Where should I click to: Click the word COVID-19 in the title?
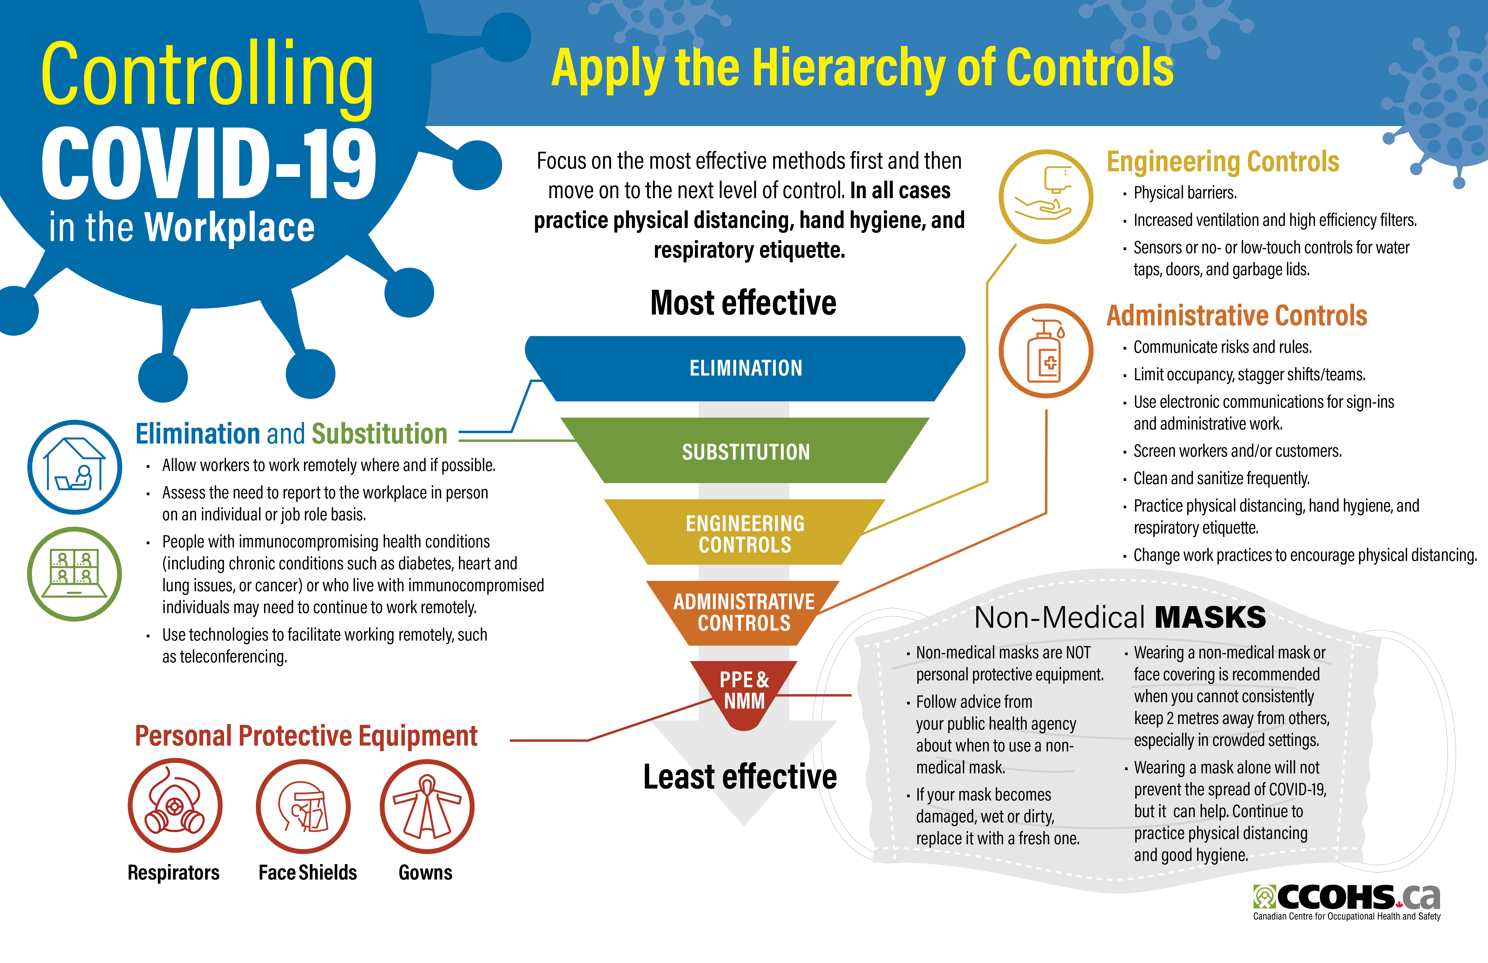coord(209,164)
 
